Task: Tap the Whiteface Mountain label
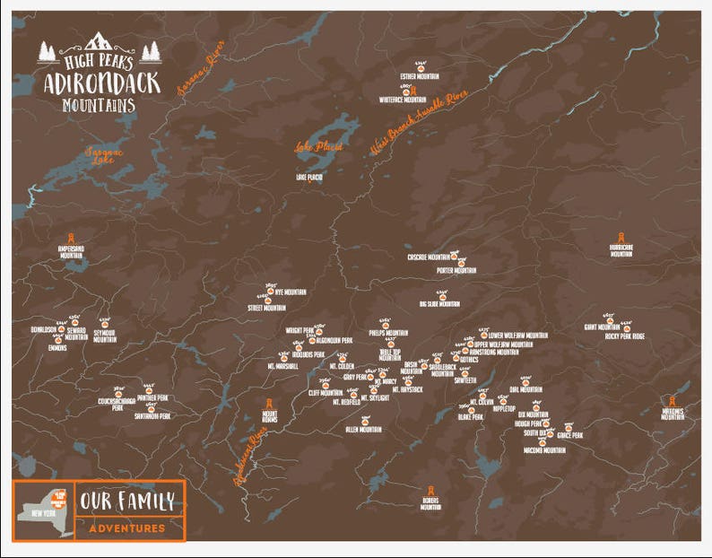[x=403, y=100]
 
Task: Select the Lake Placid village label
[x=308, y=178]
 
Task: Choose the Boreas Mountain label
[x=431, y=504]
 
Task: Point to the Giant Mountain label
[x=602, y=327]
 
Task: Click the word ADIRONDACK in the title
[x=101, y=83]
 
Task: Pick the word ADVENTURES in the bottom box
[x=127, y=528]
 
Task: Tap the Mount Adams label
[x=269, y=417]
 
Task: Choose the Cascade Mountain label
[x=428, y=257]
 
